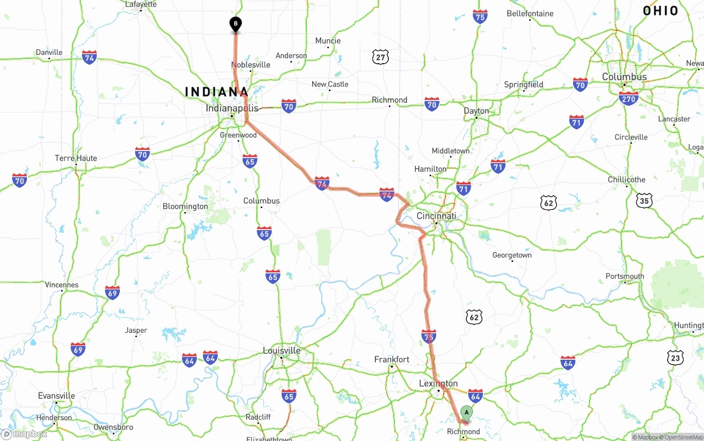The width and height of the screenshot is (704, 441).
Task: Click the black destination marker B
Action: point(235,24)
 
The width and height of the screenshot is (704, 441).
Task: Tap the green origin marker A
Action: point(466,412)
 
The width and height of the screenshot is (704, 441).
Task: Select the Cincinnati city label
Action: point(436,216)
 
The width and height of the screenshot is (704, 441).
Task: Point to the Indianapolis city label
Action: point(232,108)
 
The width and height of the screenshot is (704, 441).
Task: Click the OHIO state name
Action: point(661,10)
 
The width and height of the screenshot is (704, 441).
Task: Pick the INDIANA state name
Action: point(217,92)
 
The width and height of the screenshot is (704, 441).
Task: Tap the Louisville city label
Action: point(282,350)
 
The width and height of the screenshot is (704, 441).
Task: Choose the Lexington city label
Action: point(438,383)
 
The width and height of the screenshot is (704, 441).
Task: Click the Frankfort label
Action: point(392,359)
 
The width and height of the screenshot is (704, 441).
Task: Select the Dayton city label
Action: point(476,111)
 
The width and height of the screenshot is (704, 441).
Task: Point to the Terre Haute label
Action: point(76,158)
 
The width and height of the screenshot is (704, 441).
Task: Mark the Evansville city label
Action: point(56,396)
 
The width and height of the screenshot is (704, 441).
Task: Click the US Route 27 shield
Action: point(380,57)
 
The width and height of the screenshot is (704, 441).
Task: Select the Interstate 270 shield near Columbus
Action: point(629,99)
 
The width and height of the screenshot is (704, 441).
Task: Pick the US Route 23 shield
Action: point(675,358)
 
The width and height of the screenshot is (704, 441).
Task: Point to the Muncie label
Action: point(328,41)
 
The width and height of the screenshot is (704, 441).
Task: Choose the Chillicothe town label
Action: point(626,180)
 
